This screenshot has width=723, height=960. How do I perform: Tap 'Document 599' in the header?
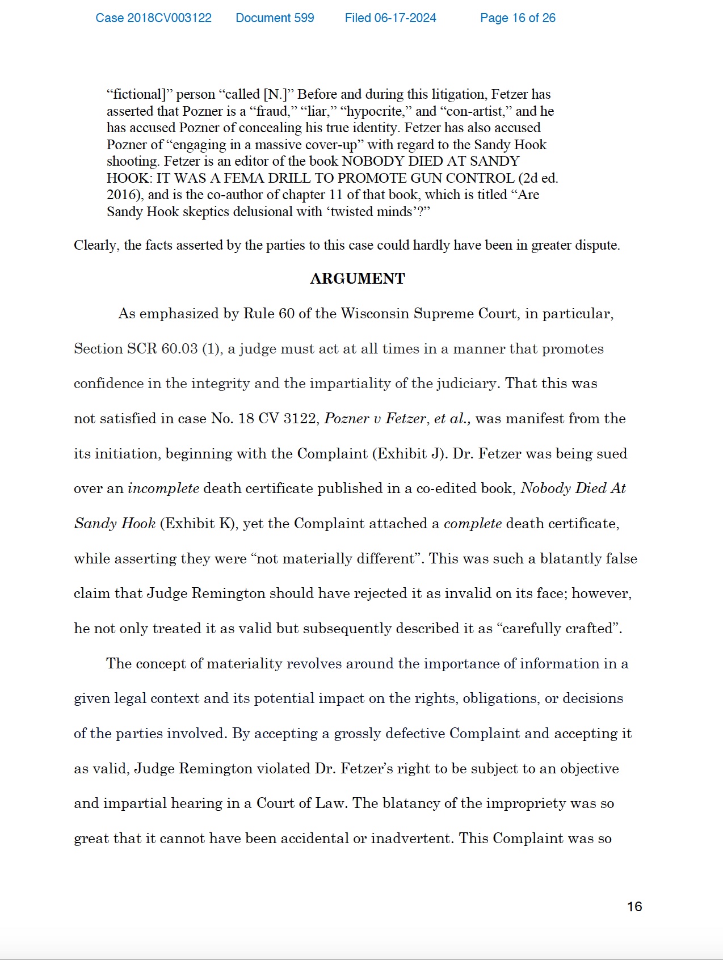tap(275, 18)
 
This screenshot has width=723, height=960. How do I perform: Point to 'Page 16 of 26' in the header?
tap(518, 18)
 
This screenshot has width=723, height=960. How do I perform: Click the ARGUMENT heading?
tap(358, 279)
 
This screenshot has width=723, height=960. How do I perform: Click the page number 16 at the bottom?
tap(634, 907)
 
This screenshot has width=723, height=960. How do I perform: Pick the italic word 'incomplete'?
tap(163, 489)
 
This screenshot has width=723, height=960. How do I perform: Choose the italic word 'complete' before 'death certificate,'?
tap(473, 524)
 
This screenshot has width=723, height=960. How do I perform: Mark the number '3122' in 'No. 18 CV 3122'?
tap(299, 419)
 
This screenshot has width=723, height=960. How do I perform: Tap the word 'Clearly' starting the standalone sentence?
tap(95, 245)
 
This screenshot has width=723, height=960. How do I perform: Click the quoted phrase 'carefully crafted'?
tap(558, 629)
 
